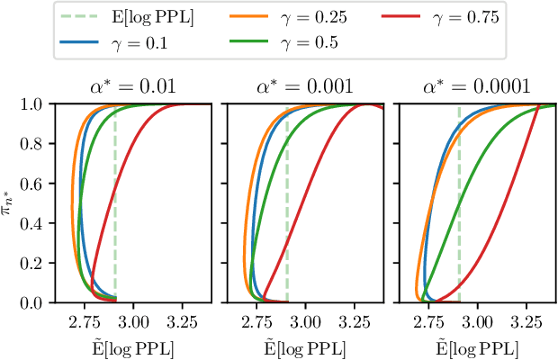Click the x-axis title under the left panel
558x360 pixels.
(128, 346)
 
